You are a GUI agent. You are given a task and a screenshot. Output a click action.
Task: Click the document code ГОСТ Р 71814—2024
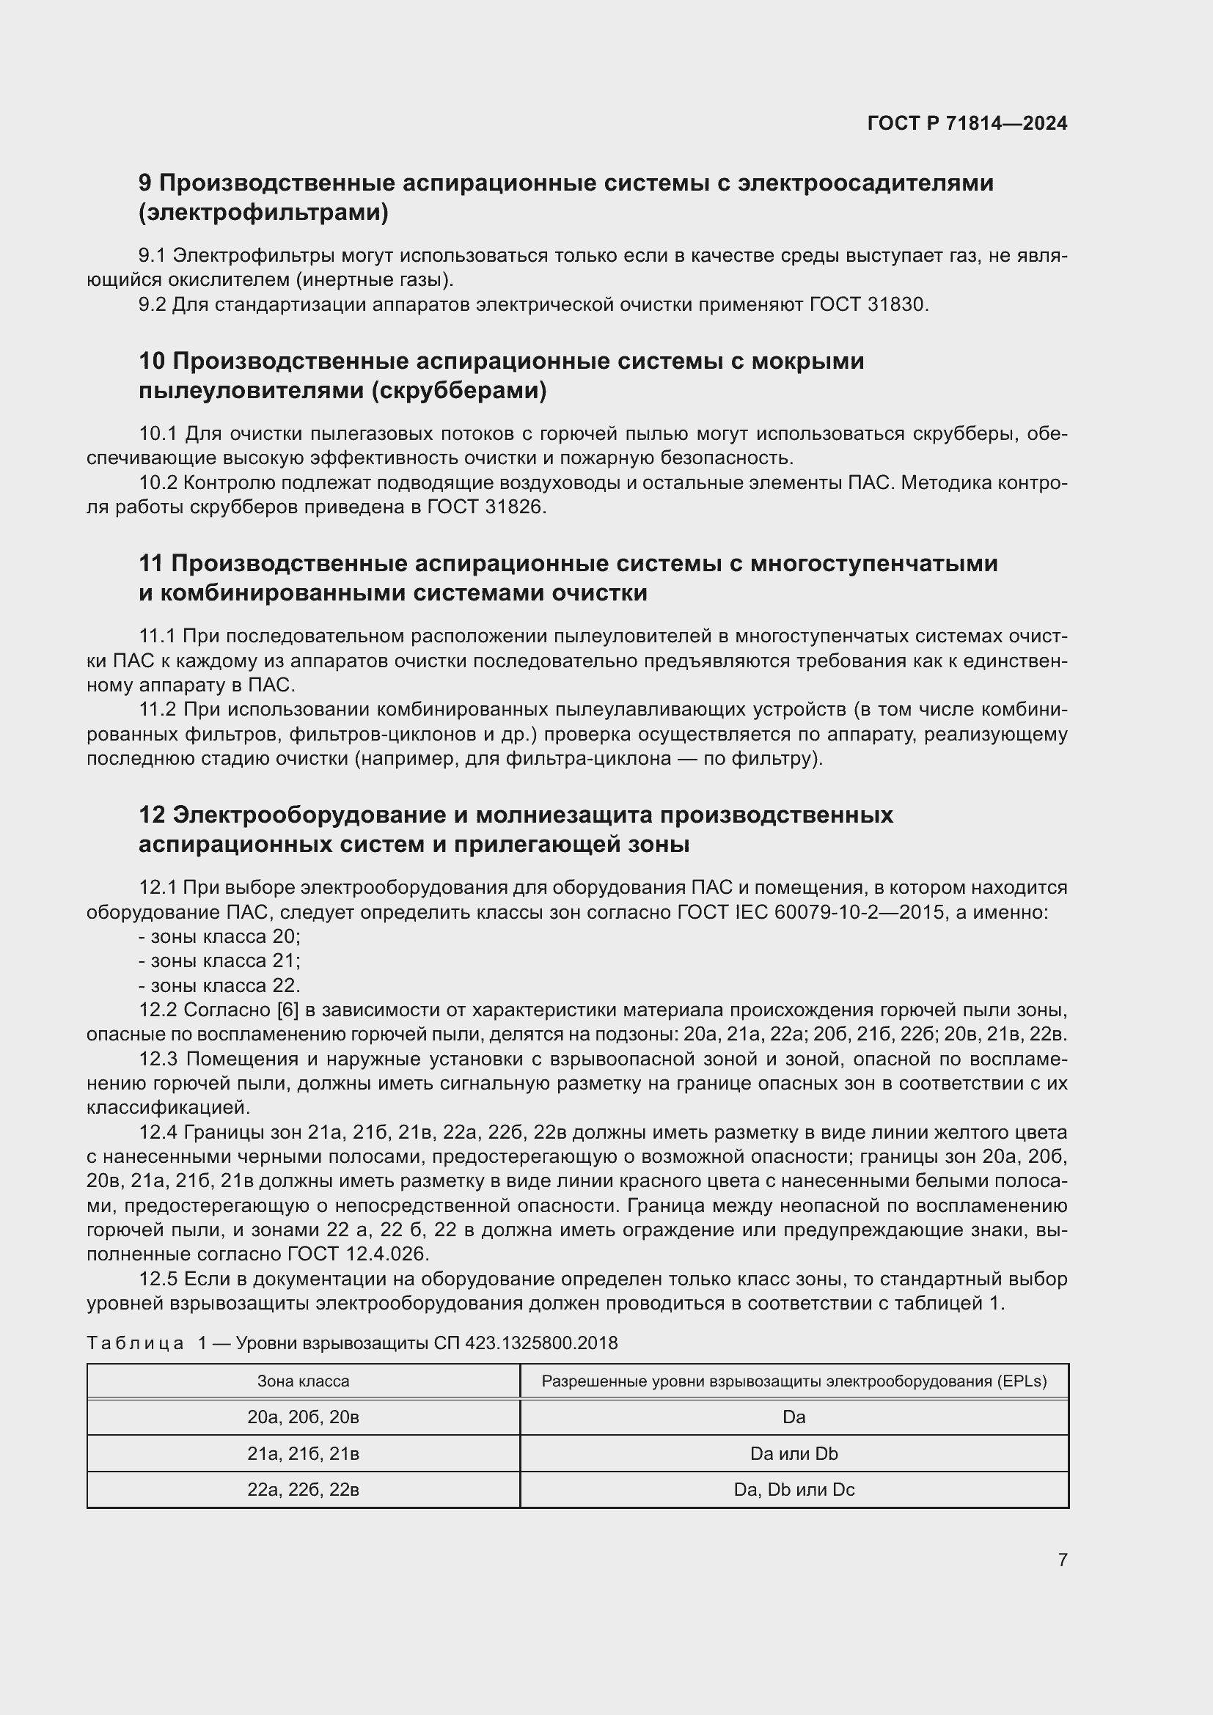click(x=967, y=123)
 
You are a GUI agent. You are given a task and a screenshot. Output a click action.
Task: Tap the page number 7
click(x=1062, y=1560)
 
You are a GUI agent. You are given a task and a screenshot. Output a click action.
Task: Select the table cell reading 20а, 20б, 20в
click(x=304, y=1417)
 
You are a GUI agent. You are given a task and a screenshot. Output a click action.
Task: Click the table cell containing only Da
click(x=794, y=1417)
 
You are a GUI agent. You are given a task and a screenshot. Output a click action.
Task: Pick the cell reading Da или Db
click(x=794, y=1453)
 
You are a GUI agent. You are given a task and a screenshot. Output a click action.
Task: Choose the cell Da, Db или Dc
click(x=794, y=1489)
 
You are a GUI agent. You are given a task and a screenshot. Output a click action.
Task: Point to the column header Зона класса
click(x=304, y=1381)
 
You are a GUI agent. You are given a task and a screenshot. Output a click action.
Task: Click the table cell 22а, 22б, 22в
click(x=304, y=1489)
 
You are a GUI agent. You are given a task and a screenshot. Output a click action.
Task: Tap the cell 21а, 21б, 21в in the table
click(x=304, y=1453)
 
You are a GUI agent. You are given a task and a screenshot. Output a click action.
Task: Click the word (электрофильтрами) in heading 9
click(x=264, y=213)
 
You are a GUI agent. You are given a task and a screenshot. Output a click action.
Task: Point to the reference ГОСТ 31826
click(x=486, y=507)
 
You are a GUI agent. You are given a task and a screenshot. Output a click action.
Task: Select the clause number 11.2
click(x=157, y=709)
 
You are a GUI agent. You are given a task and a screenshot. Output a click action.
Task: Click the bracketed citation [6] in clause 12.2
click(x=287, y=1010)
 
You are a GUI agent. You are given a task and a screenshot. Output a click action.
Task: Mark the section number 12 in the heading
click(x=152, y=815)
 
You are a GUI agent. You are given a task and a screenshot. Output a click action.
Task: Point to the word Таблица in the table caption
click(x=135, y=1343)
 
